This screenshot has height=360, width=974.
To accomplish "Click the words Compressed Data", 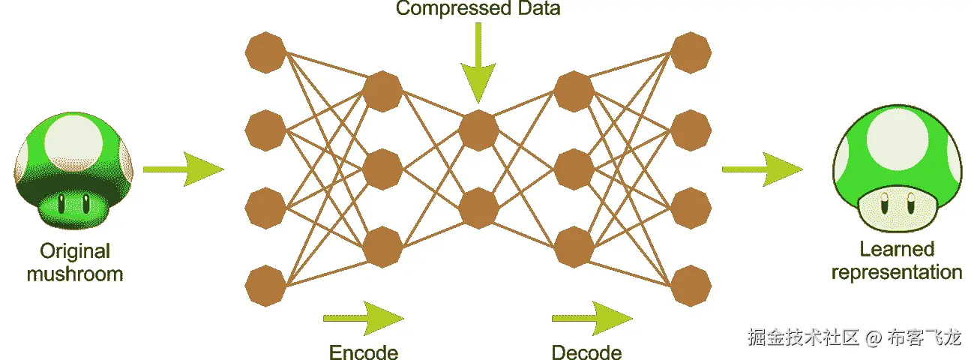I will pos(478,9).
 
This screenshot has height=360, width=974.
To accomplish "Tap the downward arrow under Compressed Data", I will pos(478,68).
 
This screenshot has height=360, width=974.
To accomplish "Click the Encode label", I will pos(364,352).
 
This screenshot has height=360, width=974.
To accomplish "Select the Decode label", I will pos(586,352).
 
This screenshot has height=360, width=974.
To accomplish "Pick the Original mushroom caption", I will pos(75,262).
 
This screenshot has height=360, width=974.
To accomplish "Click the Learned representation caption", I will pos(897,260).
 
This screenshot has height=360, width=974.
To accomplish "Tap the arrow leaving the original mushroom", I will pos(183,169).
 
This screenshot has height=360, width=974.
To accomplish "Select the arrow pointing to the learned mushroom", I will pos(761,169).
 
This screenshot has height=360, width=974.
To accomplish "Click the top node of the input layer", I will pos(266,53).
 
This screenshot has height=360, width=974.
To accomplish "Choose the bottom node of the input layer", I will pos(266,285).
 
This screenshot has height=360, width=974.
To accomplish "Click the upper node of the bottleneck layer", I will pos(478,130).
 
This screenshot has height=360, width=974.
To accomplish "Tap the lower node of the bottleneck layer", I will pos(478,208).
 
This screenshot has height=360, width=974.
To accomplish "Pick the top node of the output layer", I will pos(691,53).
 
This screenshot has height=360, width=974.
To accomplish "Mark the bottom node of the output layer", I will pos(691,285).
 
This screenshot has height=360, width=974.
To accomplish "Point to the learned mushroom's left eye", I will pos(885,201).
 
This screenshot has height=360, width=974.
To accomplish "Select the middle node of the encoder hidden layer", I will pos(382,169).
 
